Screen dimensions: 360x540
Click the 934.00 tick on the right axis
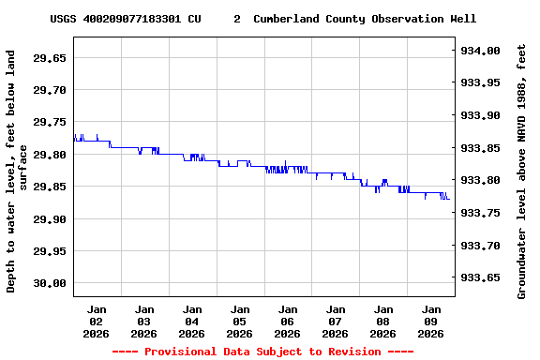481,51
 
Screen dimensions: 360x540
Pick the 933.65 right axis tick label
481,278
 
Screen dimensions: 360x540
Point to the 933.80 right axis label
481,181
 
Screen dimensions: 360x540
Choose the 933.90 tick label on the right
481,116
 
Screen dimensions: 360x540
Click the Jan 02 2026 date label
97,321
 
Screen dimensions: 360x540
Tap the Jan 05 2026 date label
240,321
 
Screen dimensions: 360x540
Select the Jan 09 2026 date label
431,321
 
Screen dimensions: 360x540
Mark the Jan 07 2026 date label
336,321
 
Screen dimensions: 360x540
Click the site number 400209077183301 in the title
139,19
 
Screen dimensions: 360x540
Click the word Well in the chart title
463,19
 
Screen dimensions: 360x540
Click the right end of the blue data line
449,199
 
